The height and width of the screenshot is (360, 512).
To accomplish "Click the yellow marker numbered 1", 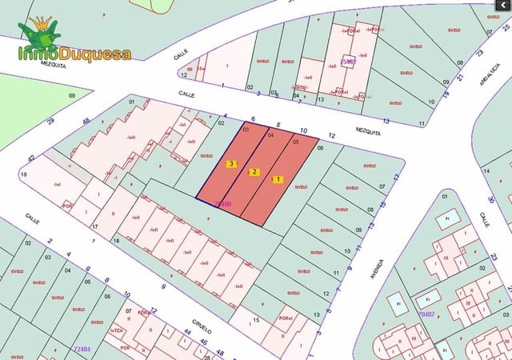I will click(x=278, y=179).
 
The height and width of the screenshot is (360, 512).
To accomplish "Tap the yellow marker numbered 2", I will click(x=254, y=172).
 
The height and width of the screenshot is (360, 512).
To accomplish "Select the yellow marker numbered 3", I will click(x=231, y=164).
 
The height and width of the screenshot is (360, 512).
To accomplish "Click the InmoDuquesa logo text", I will click(x=75, y=54).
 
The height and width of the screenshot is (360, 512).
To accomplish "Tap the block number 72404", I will click(x=82, y=349).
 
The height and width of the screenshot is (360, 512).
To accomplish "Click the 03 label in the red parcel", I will click(x=246, y=129).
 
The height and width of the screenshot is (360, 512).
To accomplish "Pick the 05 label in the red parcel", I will click(x=295, y=142).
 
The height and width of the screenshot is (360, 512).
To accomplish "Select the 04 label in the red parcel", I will click(x=270, y=135).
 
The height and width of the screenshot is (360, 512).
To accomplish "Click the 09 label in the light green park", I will click(x=71, y=96).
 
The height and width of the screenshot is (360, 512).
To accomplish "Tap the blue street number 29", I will click(x=50, y=121).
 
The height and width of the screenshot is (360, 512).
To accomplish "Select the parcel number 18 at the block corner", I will click(x=23, y=174).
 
